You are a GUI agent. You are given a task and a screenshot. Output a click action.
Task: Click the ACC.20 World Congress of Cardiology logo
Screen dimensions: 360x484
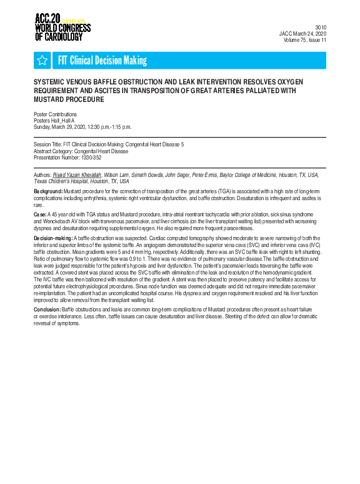62,28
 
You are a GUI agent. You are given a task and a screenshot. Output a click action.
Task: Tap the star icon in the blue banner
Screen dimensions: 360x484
42,60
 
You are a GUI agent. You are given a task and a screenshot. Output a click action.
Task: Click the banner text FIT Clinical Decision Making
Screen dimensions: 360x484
102,60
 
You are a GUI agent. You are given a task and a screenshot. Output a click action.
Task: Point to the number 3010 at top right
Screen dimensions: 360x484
320,28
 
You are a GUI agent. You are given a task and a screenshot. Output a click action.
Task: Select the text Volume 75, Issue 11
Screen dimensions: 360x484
304,40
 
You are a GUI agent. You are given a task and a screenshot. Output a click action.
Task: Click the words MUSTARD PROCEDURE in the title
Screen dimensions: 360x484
69,99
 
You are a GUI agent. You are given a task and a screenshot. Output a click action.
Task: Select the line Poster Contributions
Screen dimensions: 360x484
55,114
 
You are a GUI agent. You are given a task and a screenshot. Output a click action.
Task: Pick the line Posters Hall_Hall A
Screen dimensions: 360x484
54,121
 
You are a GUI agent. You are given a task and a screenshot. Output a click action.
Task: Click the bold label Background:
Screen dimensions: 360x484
48,190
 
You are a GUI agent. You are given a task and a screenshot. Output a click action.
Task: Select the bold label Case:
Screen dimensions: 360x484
40,214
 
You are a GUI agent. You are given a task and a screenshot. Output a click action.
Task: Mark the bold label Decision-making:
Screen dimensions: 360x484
53,238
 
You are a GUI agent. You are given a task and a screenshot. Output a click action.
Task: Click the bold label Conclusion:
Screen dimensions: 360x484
47,310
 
